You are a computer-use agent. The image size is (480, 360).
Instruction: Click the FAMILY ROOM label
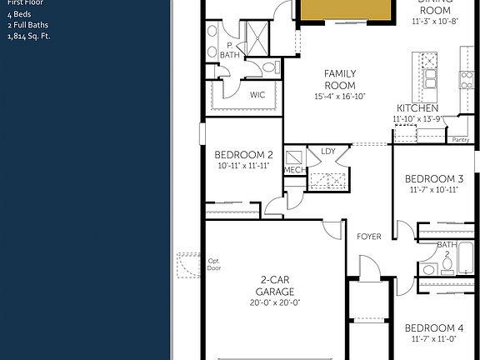point(340,79)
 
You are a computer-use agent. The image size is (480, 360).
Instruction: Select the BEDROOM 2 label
point(243,155)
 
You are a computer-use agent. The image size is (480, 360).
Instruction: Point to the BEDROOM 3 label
point(433,179)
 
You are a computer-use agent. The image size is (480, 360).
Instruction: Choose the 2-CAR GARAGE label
point(275,286)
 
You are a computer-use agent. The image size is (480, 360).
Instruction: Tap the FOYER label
point(369,237)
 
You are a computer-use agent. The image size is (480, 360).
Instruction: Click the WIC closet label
point(257,95)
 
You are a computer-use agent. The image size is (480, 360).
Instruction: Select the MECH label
point(294,170)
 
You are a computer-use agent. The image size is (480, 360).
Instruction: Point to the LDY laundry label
point(327,151)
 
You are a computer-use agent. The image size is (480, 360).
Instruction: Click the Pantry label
point(460,140)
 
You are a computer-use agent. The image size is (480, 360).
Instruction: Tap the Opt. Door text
point(214,265)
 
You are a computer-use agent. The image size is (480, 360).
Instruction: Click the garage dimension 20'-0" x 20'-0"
point(275,302)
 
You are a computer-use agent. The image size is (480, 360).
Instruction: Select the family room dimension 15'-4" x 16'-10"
point(340,97)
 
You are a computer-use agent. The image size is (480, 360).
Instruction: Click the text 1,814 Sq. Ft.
point(29,36)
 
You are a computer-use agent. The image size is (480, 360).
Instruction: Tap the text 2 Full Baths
point(26,25)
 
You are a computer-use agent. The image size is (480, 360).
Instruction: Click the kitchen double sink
point(431,77)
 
